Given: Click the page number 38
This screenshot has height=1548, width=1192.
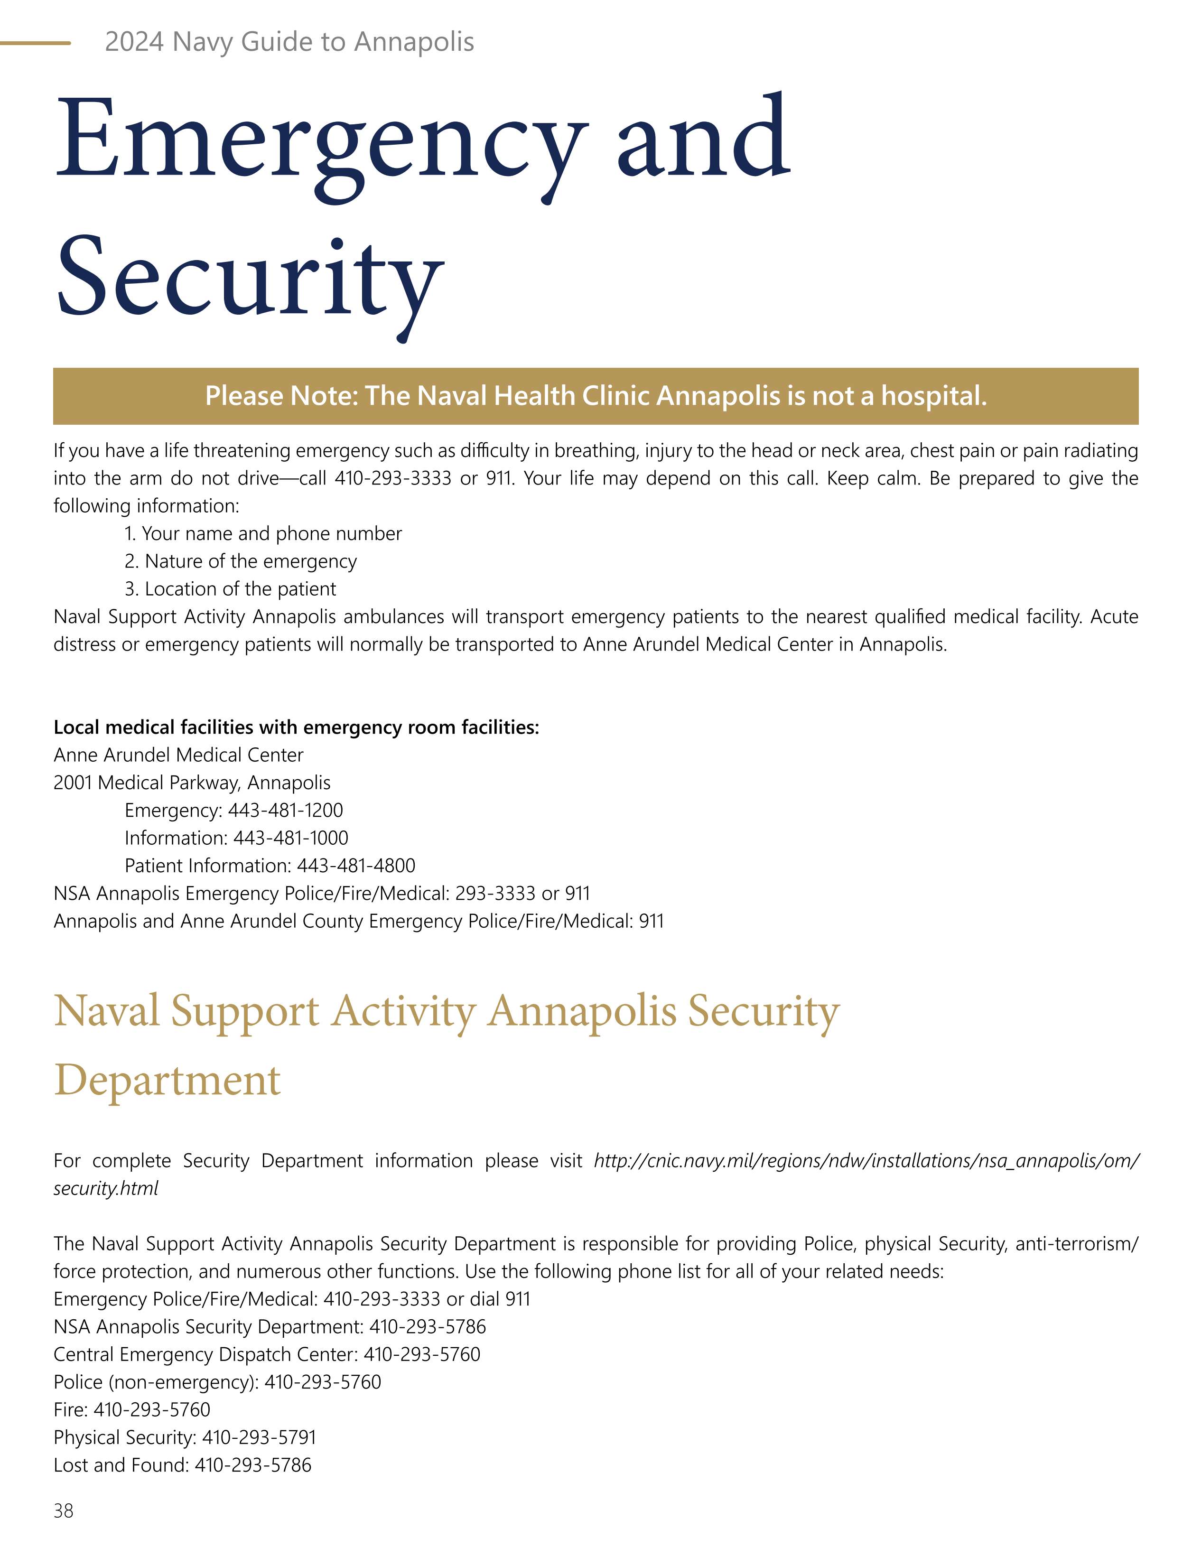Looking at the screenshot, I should [63, 1511].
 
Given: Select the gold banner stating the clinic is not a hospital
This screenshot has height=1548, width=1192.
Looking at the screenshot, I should [596, 395].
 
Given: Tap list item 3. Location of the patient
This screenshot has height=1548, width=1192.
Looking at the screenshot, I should [230, 589].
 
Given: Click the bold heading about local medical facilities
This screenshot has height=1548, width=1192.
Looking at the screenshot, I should [296, 727].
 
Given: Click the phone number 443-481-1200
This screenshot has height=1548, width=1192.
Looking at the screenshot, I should [285, 810].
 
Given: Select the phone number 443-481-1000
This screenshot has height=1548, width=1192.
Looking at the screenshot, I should [290, 838].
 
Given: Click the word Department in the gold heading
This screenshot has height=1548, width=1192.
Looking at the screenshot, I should [167, 1080].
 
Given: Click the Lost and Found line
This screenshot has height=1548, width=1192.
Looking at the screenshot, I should [182, 1465].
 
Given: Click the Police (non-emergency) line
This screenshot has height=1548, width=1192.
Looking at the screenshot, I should [217, 1382].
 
